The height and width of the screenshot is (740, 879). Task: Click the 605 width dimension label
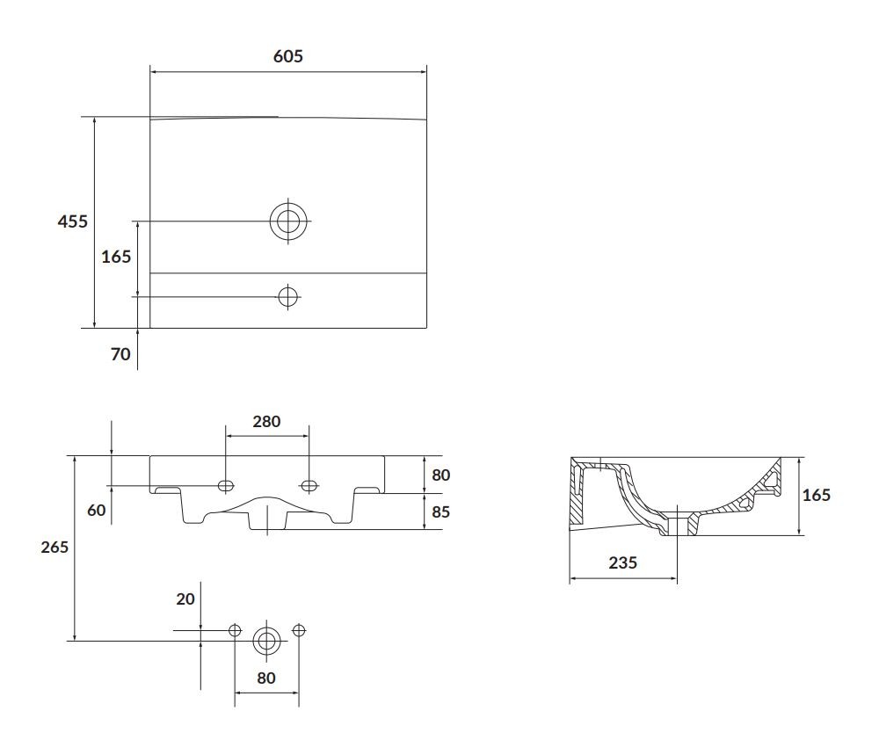coord(288,56)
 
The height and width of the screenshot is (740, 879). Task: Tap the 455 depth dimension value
coord(73,221)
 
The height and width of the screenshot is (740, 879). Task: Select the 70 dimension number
coord(120,354)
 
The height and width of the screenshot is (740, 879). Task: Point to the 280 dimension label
coord(266,422)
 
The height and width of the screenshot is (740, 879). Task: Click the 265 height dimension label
coord(54,548)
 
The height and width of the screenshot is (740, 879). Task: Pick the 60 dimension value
coord(97,510)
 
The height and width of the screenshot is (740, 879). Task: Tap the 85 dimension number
coord(441,511)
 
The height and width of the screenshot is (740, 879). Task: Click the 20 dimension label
coord(185,599)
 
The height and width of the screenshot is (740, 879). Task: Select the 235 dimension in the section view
coord(623,562)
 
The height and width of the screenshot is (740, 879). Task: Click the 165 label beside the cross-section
coord(817,495)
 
